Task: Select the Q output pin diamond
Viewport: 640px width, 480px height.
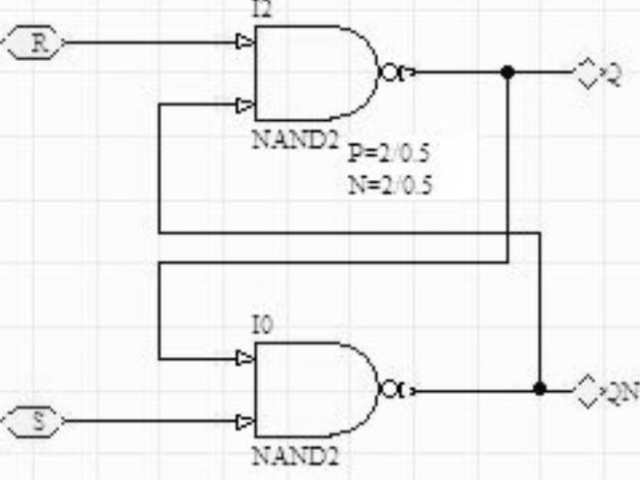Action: pyautogui.click(x=587, y=74)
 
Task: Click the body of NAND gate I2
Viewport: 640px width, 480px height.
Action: pyautogui.click(x=314, y=73)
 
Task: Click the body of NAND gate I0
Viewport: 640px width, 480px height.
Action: pyautogui.click(x=314, y=389)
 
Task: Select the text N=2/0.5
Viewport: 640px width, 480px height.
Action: pyautogui.click(x=390, y=184)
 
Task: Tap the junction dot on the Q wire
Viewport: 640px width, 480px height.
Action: pyautogui.click(x=509, y=73)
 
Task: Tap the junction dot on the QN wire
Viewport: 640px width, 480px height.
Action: pyautogui.click(x=539, y=389)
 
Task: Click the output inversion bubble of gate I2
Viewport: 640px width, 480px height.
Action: pyautogui.click(x=390, y=73)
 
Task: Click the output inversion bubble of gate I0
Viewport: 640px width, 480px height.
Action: pyautogui.click(x=390, y=389)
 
